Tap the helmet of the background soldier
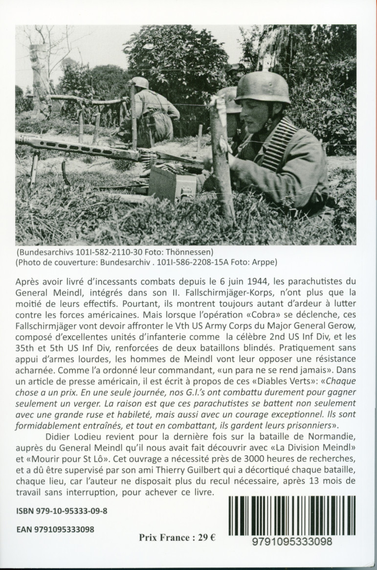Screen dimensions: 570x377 click(x=140, y=83)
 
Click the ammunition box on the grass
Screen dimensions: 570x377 click(x=172, y=183)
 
